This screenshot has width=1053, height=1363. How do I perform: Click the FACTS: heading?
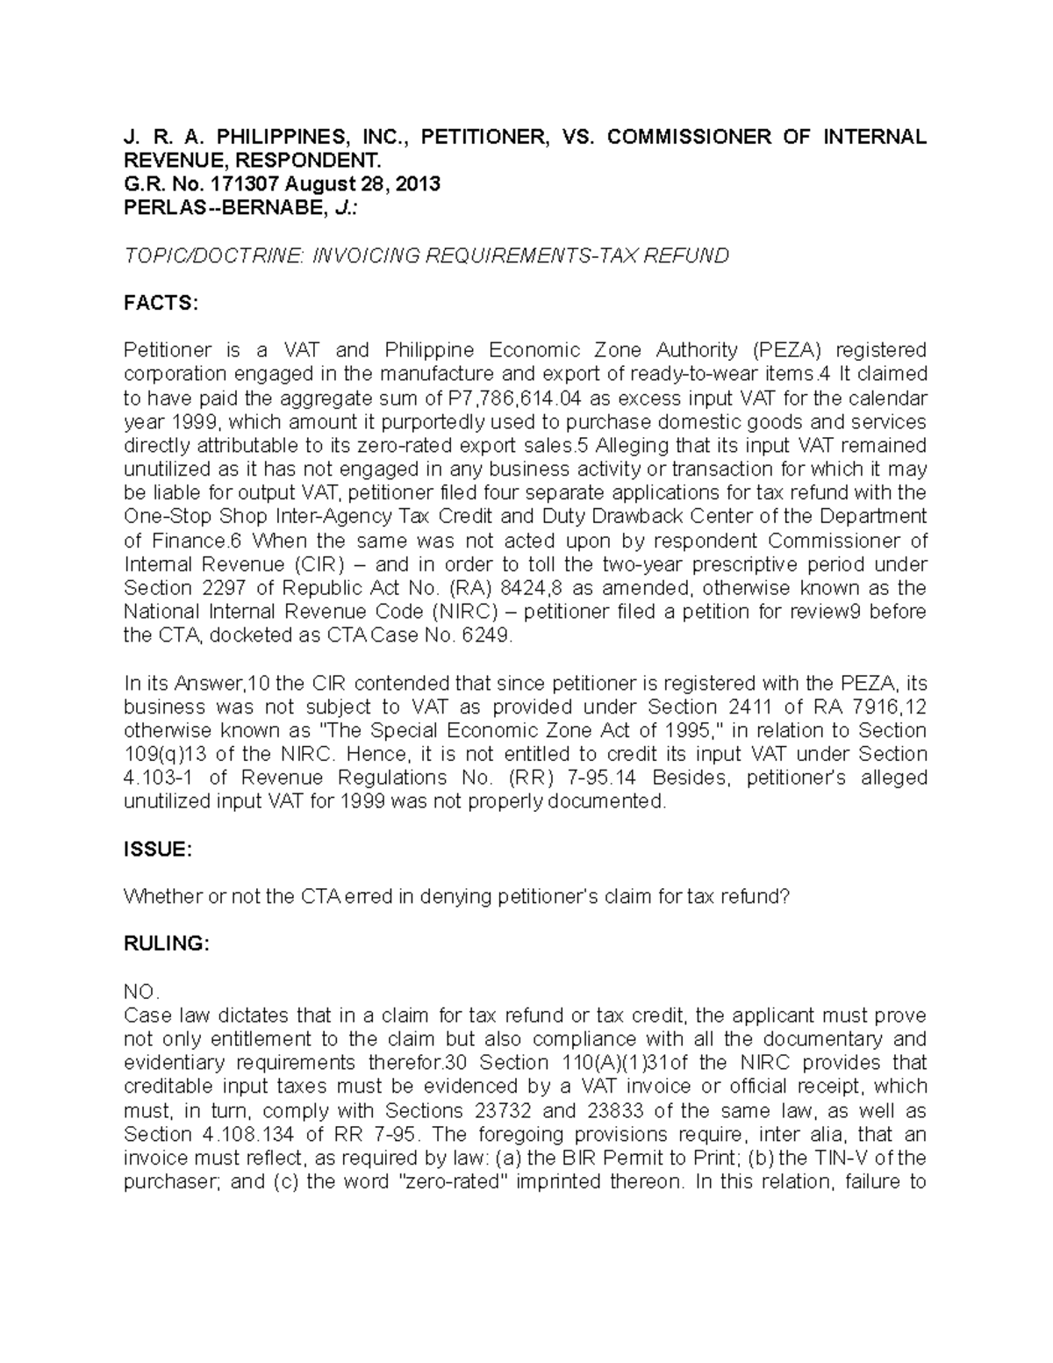click(x=161, y=304)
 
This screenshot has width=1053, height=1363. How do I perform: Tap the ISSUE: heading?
click(x=157, y=850)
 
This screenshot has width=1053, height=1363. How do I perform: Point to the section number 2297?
click(x=222, y=587)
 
